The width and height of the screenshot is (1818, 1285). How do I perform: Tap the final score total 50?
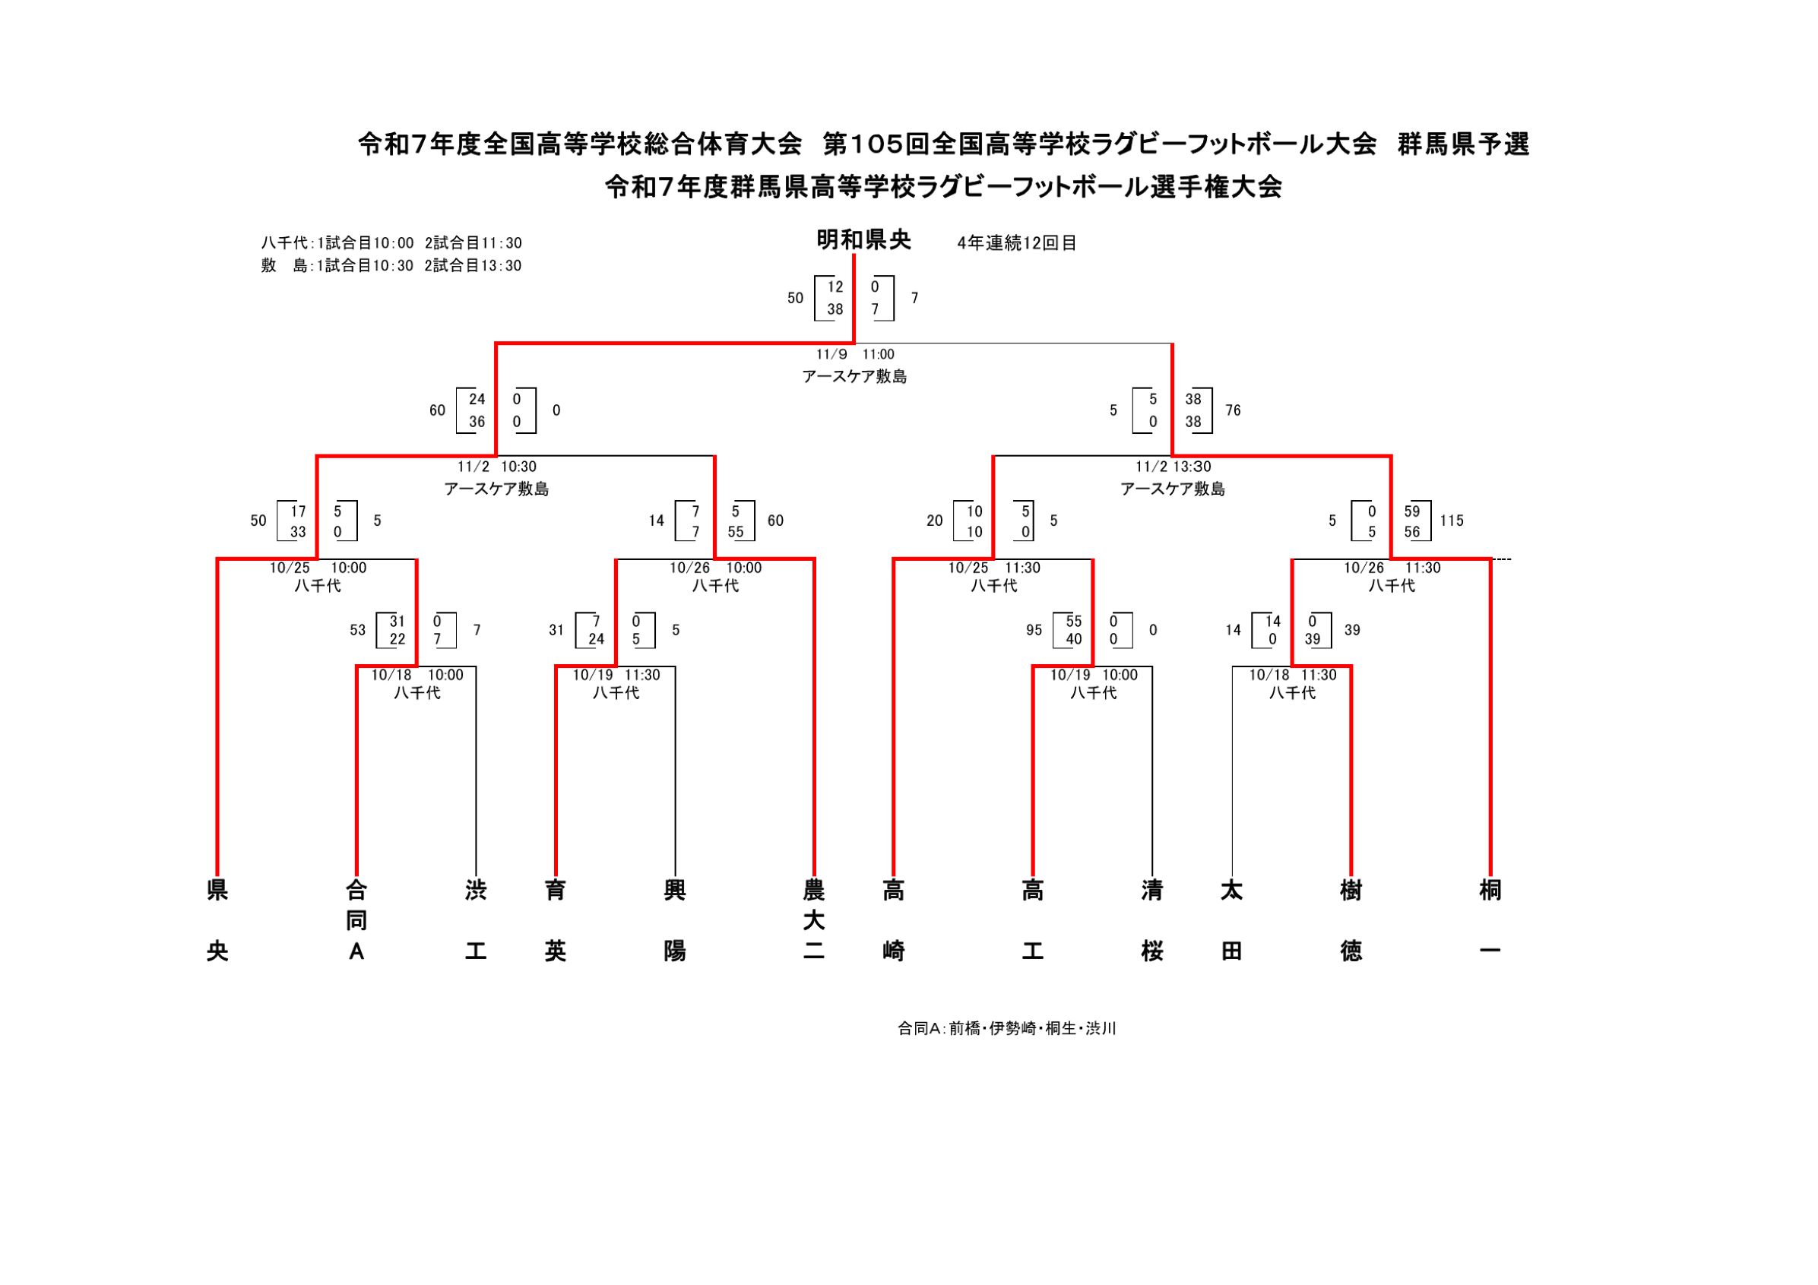coord(795,299)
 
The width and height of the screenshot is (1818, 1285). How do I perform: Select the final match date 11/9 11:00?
coord(854,355)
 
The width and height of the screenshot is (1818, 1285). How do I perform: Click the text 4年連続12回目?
coord(1017,243)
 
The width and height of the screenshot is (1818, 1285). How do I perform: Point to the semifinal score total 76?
coord(1233,410)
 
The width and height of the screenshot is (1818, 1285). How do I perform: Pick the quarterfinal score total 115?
coord(1452,521)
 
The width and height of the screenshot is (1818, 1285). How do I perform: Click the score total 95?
coord(1034,630)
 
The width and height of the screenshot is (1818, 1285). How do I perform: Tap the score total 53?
coord(358,630)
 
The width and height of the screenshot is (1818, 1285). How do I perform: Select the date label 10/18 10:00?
coord(417,676)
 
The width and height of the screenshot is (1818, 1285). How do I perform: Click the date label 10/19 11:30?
coord(616,676)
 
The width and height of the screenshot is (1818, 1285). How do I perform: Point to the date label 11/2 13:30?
coord(1173,467)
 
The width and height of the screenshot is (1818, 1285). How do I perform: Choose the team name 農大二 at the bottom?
coord(814,921)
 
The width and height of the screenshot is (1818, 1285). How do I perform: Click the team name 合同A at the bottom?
coord(357,921)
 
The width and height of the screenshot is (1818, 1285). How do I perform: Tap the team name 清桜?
coord(1152,921)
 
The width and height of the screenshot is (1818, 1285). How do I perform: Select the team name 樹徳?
coord(1351,921)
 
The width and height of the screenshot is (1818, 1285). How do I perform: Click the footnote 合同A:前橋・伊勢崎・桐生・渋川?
coord(1006,1028)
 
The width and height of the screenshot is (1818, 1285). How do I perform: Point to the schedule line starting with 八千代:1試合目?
coord(391,243)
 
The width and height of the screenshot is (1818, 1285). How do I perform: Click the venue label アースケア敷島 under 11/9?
coord(854,377)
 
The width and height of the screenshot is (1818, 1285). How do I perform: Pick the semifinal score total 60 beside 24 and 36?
coord(437,410)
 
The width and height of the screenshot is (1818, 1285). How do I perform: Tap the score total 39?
coord(1351,630)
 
